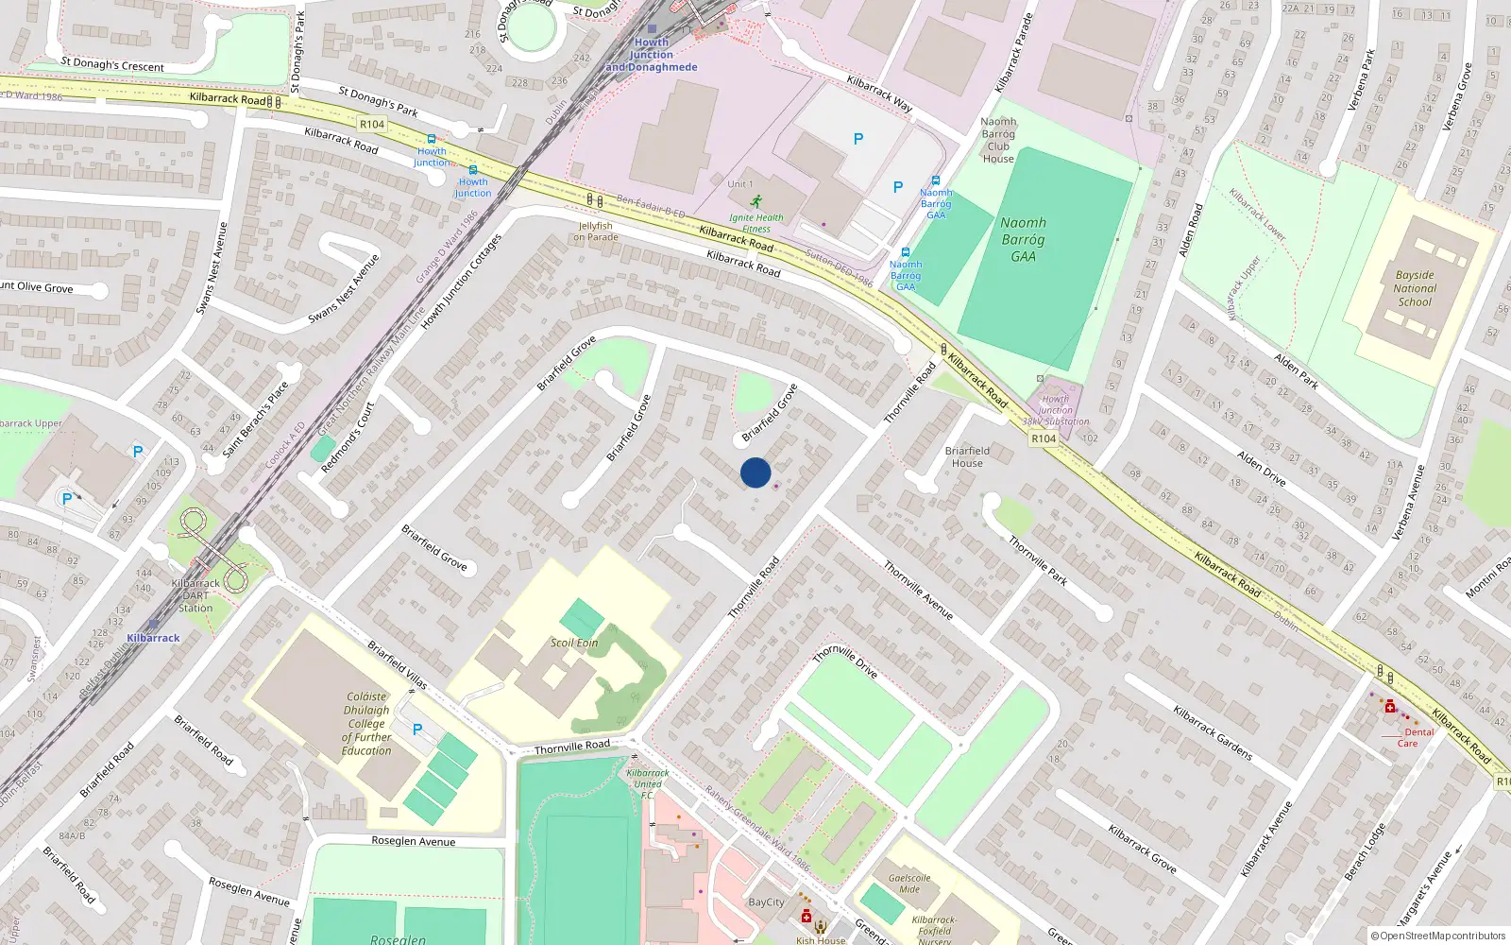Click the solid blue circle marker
tap(755, 472)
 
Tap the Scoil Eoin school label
tap(574, 643)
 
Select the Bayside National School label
tap(1415, 289)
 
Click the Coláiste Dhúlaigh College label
tap(366, 724)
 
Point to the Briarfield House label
tap(967, 457)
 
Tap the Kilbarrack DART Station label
tap(195, 595)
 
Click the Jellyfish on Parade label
tap(596, 232)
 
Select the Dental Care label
tap(1418, 737)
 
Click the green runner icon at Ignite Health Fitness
tap(755, 201)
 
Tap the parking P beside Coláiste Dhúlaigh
tap(417, 730)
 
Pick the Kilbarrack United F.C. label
tap(648, 783)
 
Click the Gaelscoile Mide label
tap(909, 884)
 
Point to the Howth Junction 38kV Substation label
tap(1056, 410)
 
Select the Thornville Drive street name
tap(845, 661)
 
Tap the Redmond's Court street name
tap(348, 438)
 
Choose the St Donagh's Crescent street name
tap(112, 64)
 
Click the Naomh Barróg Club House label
tap(998, 140)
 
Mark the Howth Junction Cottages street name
tap(461, 282)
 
